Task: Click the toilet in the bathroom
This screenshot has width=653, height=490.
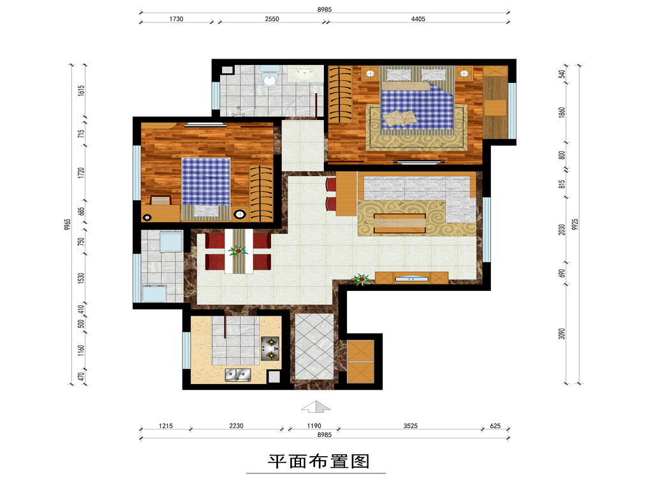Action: [270, 76]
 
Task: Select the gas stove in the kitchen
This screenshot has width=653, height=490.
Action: [270, 349]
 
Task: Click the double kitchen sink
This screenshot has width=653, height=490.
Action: [238, 375]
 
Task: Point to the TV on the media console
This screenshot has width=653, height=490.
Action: [411, 278]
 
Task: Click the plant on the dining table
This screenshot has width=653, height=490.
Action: [238, 251]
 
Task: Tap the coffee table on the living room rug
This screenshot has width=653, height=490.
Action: [400, 223]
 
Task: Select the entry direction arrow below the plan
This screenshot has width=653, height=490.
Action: [316, 406]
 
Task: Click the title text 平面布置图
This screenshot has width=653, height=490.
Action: [319, 461]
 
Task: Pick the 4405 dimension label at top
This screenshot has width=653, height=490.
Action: [418, 19]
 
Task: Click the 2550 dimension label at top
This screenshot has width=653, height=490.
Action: [272, 19]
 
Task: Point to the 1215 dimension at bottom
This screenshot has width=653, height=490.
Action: [166, 426]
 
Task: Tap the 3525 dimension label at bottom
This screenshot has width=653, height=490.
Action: [410, 426]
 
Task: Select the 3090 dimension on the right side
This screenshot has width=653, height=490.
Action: [562, 334]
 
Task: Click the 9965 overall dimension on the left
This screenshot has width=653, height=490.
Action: [68, 225]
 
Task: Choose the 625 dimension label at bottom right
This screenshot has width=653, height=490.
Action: [495, 426]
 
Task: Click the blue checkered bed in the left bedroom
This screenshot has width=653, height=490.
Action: [206, 189]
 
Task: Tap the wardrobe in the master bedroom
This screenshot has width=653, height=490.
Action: [341, 94]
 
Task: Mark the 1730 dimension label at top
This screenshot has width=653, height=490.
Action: [176, 19]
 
